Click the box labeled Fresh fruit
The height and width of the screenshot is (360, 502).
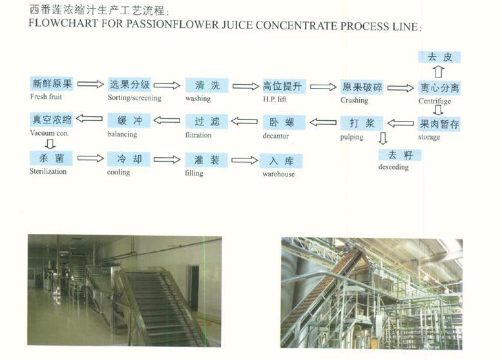click(52, 85)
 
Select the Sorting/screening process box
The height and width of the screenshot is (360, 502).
click(129, 85)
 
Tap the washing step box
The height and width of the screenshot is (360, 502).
click(207, 85)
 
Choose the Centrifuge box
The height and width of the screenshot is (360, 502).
click(439, 88)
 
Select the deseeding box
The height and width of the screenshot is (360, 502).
click(400, 155)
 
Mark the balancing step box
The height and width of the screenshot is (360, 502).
click(129, 121)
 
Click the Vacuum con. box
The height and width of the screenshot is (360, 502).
click(52, 120)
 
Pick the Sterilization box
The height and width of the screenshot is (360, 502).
click(52, 158)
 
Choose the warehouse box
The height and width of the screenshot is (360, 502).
click(281, 161)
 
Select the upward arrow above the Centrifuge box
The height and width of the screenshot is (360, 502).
click(439, 71)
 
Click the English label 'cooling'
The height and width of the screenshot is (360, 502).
click(118, 173)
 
